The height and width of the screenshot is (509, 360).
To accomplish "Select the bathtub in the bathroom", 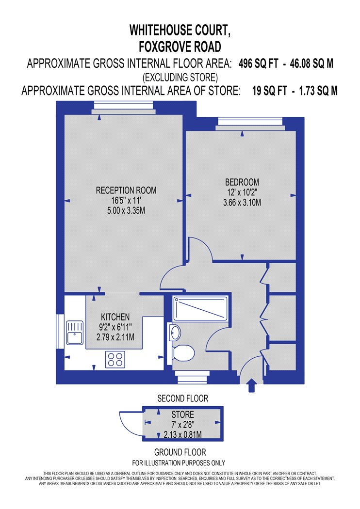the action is pos(200,308).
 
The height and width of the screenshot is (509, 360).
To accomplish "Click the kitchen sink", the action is pos(75,333).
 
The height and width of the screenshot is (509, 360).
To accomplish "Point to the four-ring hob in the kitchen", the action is pos(115,359).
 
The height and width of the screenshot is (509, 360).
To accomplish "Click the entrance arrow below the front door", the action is pos(251,385).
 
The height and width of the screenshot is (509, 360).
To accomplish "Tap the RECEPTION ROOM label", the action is pos(126,190).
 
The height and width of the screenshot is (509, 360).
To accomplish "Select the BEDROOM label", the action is pos(242,182).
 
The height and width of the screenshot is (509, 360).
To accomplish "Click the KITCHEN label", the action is pos(115,317).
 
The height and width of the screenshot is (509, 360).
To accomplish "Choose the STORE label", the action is pos(182,414).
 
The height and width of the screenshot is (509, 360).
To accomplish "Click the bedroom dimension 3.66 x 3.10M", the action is pos(242,203).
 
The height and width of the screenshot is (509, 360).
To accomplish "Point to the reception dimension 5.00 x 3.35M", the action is pos(126,211).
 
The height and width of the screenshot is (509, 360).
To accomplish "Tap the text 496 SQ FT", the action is pos(258,64).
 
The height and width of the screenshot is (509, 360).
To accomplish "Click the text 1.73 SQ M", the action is pos(318,91).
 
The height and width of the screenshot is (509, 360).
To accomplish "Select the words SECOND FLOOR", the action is pos(182,398).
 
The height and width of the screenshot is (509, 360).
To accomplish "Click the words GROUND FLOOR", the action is pos(180,452).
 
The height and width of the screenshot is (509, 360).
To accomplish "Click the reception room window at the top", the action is pos(123,108).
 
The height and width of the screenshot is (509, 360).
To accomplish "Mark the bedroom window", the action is pos(250,124).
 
